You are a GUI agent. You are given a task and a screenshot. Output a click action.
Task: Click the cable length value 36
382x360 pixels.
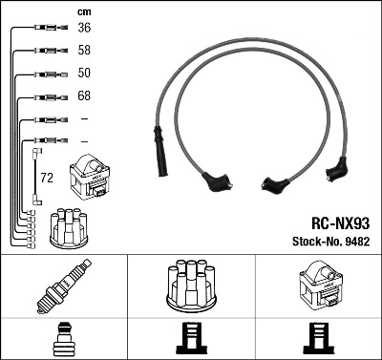(x=84, y=28)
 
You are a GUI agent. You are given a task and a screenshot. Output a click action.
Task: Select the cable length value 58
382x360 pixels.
(x=84, y=50)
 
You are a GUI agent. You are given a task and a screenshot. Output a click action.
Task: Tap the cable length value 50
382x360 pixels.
(x=84, y=73)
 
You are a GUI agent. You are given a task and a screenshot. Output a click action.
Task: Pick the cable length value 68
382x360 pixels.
(x=84, y=95)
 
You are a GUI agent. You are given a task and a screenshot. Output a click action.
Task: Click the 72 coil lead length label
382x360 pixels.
(x=47, y=178)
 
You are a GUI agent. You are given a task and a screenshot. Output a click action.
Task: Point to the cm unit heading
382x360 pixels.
(x=84, y=12)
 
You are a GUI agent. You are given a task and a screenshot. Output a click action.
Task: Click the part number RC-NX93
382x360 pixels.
(x=340, y=223)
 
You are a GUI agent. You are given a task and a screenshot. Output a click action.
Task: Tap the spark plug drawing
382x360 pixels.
(x=64, y=286)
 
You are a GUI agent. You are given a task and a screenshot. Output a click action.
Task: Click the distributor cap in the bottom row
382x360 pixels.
(x=191, y=286)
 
